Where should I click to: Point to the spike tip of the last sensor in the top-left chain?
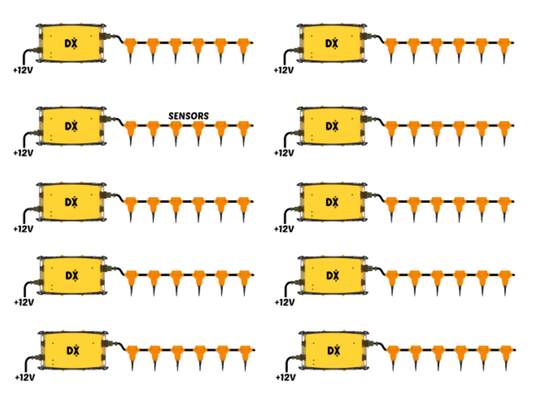point(243,64)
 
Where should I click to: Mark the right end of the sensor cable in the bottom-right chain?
point(515,350)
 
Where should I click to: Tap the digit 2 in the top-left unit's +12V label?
point(23,70)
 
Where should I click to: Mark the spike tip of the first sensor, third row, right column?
point(392,223)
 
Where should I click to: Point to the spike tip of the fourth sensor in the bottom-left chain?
point(200,371)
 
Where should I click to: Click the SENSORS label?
point(189,116)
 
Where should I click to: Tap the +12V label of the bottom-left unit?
point(25,378)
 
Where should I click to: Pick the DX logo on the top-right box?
point(331,44)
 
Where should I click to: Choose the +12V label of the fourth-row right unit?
point(285,303)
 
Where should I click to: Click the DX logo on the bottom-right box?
point(334,351)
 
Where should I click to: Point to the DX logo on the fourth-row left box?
point(72,276)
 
